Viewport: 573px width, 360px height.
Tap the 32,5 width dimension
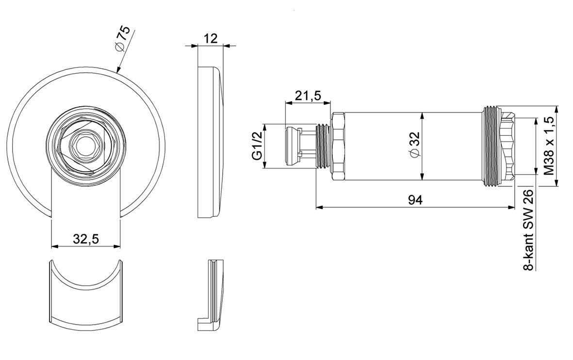click(x=86, y=239)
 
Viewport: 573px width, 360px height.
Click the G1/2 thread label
click(x=257, y=146)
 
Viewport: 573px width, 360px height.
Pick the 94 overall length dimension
click(x=415, y=200)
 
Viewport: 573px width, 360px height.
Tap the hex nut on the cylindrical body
click(x=338, y=146)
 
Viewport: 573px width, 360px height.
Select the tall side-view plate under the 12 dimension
click(x=210, y=142)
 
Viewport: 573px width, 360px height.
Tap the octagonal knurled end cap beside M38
click(x=508, y=146)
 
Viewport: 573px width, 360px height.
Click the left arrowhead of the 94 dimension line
click(x=319, y=207)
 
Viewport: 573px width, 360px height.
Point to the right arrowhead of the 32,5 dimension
click(x=116, y=246)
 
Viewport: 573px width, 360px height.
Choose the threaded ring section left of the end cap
click(x=492, y=146)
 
